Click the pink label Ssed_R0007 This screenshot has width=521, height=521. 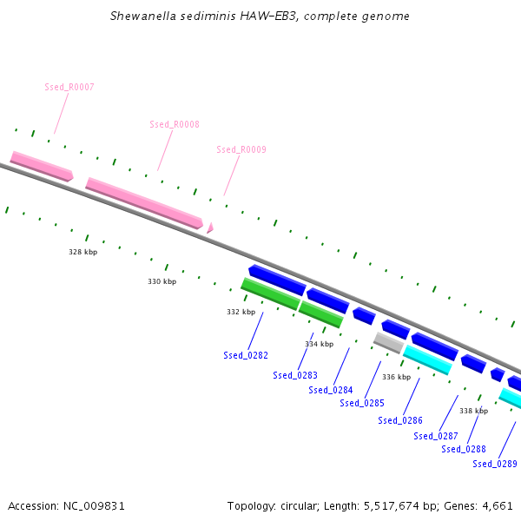(x=69, y=87)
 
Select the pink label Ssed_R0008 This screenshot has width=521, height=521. (x=175, y=124)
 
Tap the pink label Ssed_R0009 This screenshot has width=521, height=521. (x=241, y=149)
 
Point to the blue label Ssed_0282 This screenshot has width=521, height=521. (x=246, y=355)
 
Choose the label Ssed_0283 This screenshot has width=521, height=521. (x=295, y=375)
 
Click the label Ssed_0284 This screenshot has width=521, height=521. (x=331, y=390)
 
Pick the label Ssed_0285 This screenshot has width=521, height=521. (x=362, y=403)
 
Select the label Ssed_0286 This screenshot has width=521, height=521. (x=400, y=420)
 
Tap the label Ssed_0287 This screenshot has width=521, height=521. (x=436, y=436)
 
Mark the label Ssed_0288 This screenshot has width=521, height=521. (x=464, y=449)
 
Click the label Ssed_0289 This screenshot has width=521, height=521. (x=495, y=464)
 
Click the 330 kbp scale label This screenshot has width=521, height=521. (x=162, y=281)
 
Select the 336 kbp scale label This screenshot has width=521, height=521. (x=396, y=377)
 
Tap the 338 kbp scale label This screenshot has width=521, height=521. (x=473, y=411)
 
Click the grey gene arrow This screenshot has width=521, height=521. (x=388, y=342)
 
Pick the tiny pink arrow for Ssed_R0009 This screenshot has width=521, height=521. (x=209, y=228)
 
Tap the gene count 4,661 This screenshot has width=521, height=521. (x=498, y=505)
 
